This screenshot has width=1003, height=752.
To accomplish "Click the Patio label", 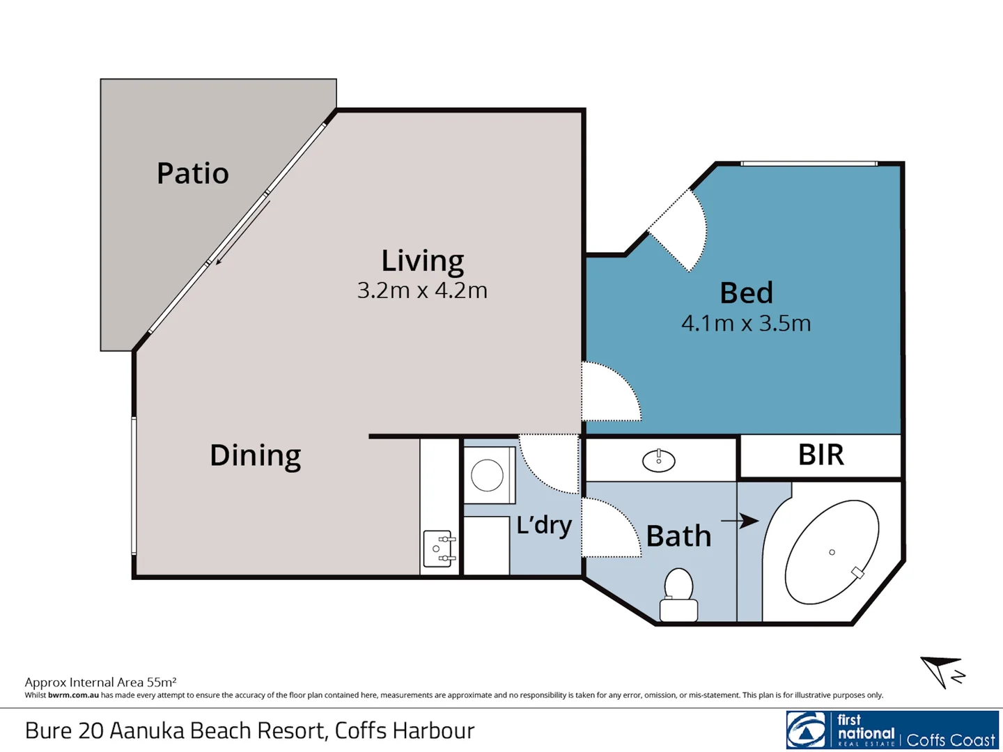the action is pyautogui.click(x=192, y=173).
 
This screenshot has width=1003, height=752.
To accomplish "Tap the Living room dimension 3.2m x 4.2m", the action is pyautogui.click(x=422, y=290).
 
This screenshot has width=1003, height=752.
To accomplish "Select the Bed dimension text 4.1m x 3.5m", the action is pyautogui.click(x=746, y=323).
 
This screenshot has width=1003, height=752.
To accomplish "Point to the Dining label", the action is pyautogui.click(x=256, y=455).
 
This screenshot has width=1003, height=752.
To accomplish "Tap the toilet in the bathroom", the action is pyautogui.click(x=678, y=595).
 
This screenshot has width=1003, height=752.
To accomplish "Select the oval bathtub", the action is pyautogui.click(x=832, y=552).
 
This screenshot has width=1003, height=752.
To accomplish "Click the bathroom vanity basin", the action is pyautogui.click(x=658, y=461).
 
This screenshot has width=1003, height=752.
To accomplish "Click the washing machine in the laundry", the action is pyautogui.click(x=489, y=475).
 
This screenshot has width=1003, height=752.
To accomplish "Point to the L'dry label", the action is pyautogui.click(x=544, y=525).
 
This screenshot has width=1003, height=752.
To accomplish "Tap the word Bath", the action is pyautogui.click(x=678, y=535).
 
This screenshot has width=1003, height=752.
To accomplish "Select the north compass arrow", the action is pyautogui.click(x=938, y=669).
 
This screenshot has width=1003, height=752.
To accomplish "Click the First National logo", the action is pyautogui.click(x=892, y=730).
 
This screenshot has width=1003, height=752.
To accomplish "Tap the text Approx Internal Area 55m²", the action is pyautogui.click(x=100, y=682).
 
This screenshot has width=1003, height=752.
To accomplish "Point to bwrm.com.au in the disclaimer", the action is pyautogui.click(x=73, y=696).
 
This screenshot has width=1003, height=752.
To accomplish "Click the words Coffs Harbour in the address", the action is pyautogui.click(x=405, y=730).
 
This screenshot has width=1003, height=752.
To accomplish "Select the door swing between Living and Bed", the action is pyautogui.click(x=612, y=391).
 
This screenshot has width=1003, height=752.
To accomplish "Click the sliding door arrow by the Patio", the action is pyautogui.click(x=243, y=233).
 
